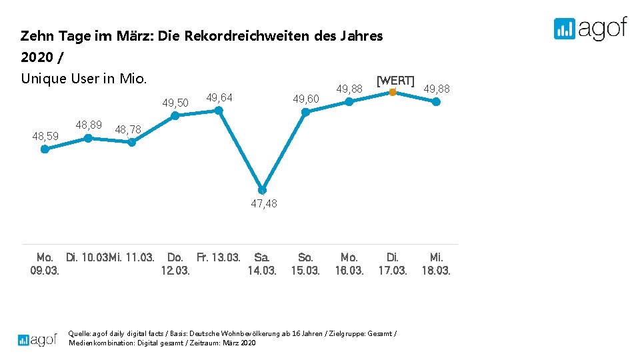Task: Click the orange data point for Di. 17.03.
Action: pos(393,92)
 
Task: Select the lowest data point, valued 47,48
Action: pos(262,190)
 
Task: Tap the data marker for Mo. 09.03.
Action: pos(45,149)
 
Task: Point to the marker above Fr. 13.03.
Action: pos(219,111)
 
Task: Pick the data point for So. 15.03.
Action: pos(305,112)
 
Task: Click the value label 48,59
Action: pos(45,136)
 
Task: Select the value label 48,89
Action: pos(89,125)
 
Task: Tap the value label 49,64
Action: pos(219,98)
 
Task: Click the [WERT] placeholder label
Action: pos(395,81)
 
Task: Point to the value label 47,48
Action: pos(264,204)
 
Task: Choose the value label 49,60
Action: pos(307,99)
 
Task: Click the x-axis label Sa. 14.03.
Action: pos(262,264)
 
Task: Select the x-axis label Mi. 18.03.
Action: pos(436,264)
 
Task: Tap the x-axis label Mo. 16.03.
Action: pos(349,264)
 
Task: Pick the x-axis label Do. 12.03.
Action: pos(175,264)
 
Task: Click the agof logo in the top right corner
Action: pos(590,29)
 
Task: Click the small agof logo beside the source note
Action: pos(37,339)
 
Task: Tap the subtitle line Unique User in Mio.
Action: pos(83,79)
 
